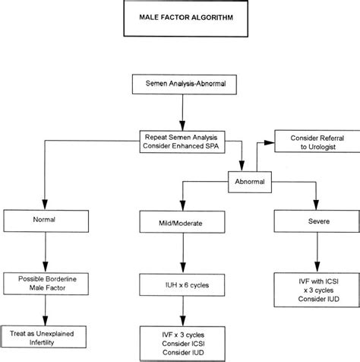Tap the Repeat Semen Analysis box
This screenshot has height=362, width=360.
(179, 140)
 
